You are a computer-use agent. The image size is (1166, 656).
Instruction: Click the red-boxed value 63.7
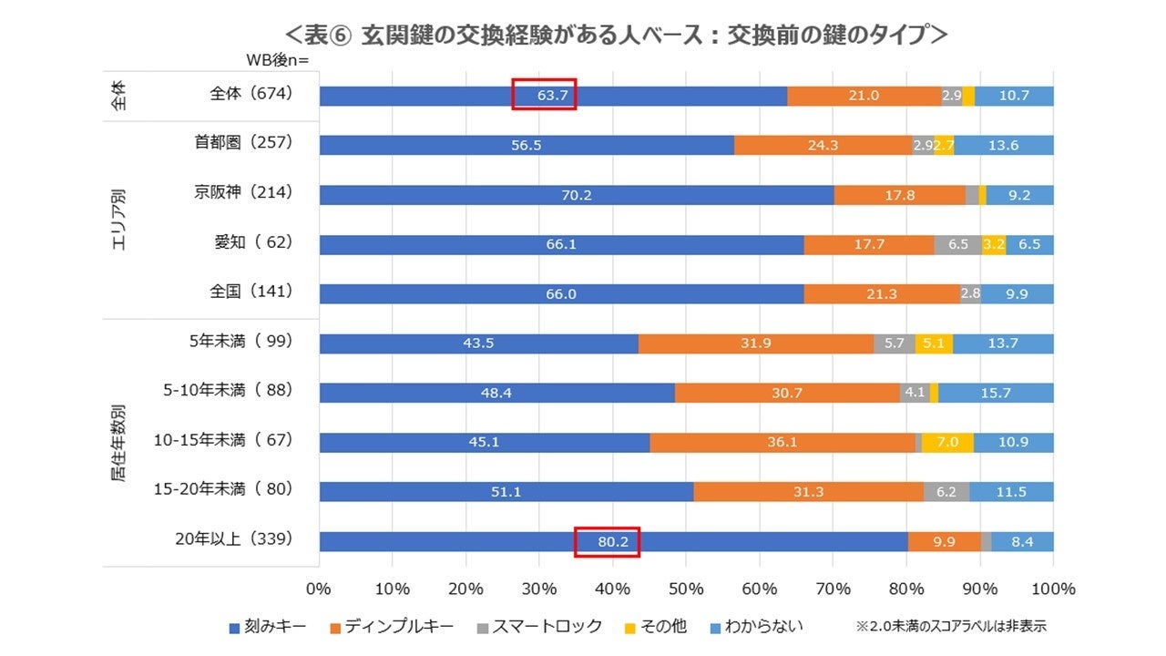543,95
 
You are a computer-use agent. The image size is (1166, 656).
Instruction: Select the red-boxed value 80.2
607,541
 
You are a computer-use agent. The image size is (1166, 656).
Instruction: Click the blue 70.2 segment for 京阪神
576,194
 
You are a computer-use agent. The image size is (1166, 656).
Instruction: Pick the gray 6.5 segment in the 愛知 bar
957,244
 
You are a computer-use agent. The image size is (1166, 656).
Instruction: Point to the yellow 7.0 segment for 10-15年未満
947,442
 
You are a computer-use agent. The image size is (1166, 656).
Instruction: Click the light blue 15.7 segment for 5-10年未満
996,393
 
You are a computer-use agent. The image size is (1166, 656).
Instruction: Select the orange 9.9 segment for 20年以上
944,541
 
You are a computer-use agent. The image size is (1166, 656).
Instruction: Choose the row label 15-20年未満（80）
223,490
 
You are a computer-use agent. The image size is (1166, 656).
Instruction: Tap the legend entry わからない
762,627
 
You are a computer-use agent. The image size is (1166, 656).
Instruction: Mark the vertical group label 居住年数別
119,444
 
